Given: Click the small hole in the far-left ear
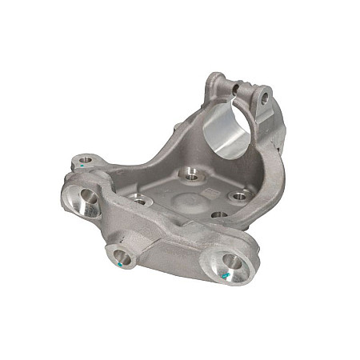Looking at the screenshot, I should point(85,163).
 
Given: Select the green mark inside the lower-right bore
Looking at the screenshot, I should point(226,274).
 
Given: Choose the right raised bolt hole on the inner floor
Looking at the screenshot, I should point(238,195).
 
